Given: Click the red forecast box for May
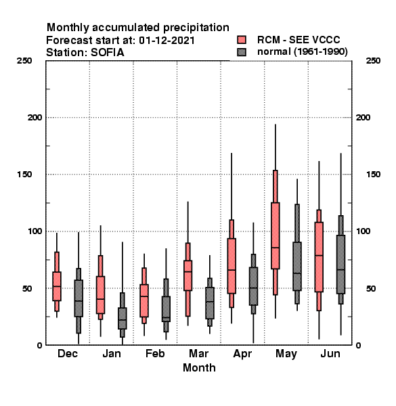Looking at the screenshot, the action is tap(276, 235).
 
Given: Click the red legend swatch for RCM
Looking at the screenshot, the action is tap(242, 40).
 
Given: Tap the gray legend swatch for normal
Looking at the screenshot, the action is tap(242, 52).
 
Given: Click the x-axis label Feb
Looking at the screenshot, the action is tap(155, 353).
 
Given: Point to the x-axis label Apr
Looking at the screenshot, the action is tap(242, 354).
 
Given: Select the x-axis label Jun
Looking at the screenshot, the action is tap(330, 353).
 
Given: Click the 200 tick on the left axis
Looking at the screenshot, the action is tap(35, 118).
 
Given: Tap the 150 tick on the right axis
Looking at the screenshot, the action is tap(373, 175).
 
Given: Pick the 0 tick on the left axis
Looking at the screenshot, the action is tap(39, 345).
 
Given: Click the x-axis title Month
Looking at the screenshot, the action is tap(199, 367).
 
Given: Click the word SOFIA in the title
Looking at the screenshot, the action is tap(107, 53).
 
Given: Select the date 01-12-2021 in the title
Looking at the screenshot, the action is tap(167, 41).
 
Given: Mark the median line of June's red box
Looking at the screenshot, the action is tap(319, 255).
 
